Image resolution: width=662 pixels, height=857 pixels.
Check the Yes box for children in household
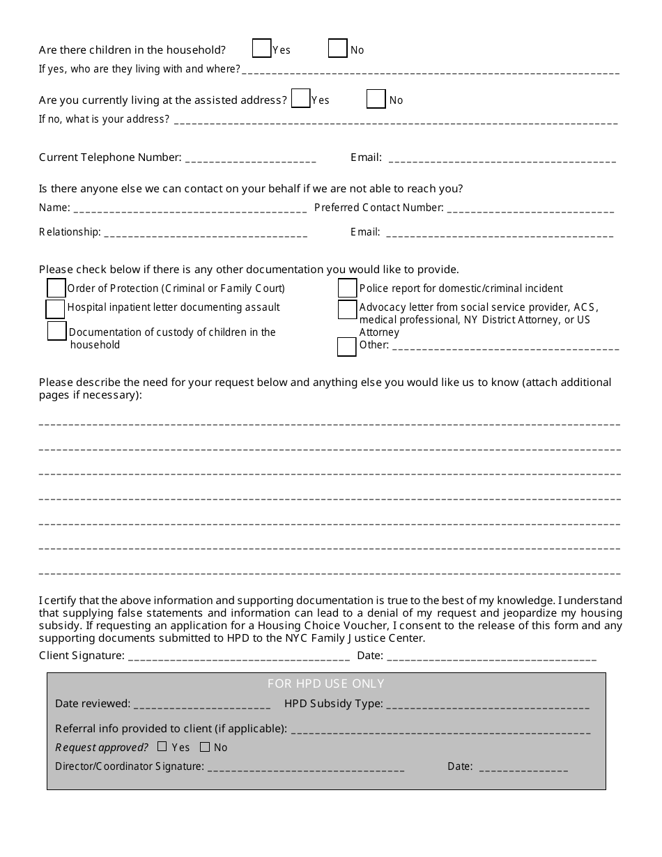pos(261,48)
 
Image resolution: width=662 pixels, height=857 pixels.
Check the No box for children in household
pos(337,48)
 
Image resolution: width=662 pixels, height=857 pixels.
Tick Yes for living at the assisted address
pos(301,99)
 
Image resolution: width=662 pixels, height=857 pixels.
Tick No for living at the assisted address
pos(376,99)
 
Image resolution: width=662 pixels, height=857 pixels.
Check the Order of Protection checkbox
pos(56,288)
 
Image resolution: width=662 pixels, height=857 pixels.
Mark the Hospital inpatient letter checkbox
pos(55,309)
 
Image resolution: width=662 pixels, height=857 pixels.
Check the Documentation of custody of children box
pos(57,331)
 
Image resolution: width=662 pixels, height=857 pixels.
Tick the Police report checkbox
pos(347,288)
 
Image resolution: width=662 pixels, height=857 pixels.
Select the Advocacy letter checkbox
pos(347,309)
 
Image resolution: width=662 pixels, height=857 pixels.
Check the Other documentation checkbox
pos(346,346)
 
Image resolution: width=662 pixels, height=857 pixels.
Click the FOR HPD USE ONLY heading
pos(325,684)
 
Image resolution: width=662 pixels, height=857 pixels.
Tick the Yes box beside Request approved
pos(162,747)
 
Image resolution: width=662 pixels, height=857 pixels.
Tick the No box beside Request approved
pos(205,747)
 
